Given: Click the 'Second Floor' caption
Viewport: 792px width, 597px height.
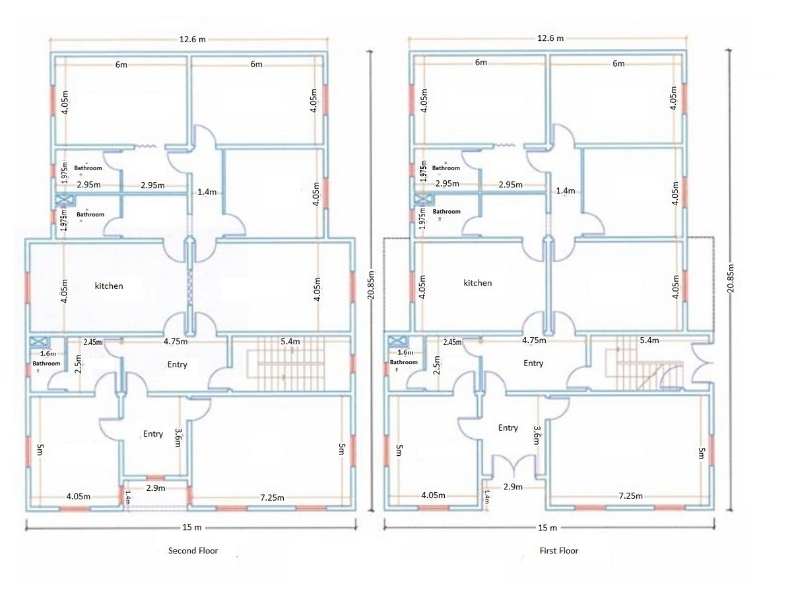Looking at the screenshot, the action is pyautogui.click(x=193, y=551).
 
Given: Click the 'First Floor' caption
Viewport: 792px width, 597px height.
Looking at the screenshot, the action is pyautogui.click(x=559, y=551).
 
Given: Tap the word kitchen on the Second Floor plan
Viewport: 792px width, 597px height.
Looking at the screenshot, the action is pyautogui.click(x=109, y=286).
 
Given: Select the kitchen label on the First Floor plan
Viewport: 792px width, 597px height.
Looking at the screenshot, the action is pyautogui.click(x=477, y=283).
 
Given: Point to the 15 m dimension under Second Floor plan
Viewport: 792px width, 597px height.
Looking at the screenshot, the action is pyautogui.click(x=192, y=528).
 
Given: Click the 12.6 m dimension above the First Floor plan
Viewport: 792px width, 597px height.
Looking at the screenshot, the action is pyautogui.click(x=550, y=38).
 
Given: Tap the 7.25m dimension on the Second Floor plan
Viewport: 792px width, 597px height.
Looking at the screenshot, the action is pyautogui.click(x=272, y=498).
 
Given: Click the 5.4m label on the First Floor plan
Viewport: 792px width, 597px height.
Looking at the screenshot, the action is pyautogui.click(x=649, y=340).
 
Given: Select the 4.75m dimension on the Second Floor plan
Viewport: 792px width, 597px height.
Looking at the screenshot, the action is pyautogui.click(x=176, y=342).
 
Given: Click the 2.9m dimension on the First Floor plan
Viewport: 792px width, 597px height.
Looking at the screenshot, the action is pyautogui.click(x=513, y=487).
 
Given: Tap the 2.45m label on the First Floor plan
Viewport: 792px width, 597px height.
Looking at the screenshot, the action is pyautogui.click(x=453, y=342).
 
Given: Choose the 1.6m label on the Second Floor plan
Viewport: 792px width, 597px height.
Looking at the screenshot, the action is pyautogui.click(x=48, y=354).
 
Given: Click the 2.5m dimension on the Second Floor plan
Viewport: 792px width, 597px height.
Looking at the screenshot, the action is pyautogui.click(x=79, y=364).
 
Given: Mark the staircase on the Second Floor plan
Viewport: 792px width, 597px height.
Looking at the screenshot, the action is pyautogui.click(x=286, y=363).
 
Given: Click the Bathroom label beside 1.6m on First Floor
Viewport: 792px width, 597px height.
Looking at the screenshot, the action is pyautogui.click(x=403, y=362).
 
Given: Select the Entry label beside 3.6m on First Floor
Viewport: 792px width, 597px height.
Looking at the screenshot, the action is pyautogui.click(x=508, y=428).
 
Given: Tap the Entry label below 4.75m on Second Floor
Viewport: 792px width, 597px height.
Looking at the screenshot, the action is pyautogui.click(x=177, y=365).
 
